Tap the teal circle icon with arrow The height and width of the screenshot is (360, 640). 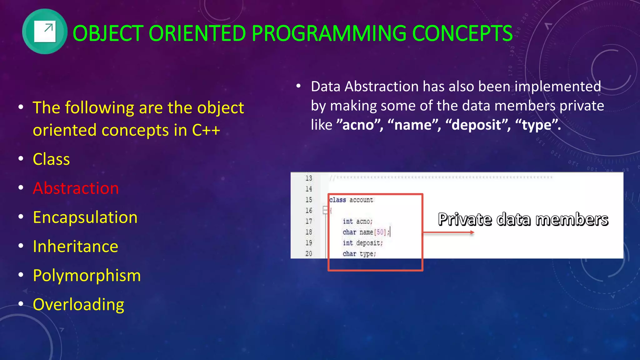(45, 32)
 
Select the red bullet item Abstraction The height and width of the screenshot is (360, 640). (76, 188)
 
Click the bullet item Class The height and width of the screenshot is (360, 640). (51, 159)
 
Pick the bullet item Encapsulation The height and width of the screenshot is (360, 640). (85, 217)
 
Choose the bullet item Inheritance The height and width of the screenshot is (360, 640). (75, 246)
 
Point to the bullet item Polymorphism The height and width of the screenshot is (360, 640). (87, 275)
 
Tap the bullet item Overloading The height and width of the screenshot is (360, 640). (78, 304)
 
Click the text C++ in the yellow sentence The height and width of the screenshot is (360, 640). (206, 130)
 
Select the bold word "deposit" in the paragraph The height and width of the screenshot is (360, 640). (477, 125)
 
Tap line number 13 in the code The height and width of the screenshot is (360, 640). (309, 178)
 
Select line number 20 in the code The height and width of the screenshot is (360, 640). (309, 253)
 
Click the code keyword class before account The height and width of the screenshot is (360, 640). (337, 200)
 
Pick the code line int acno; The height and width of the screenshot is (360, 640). (357, 221)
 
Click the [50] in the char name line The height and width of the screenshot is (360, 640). (381, 232)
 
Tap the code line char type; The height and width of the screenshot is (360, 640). (359, 254)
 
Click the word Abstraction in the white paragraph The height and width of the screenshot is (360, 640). (381, 87)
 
